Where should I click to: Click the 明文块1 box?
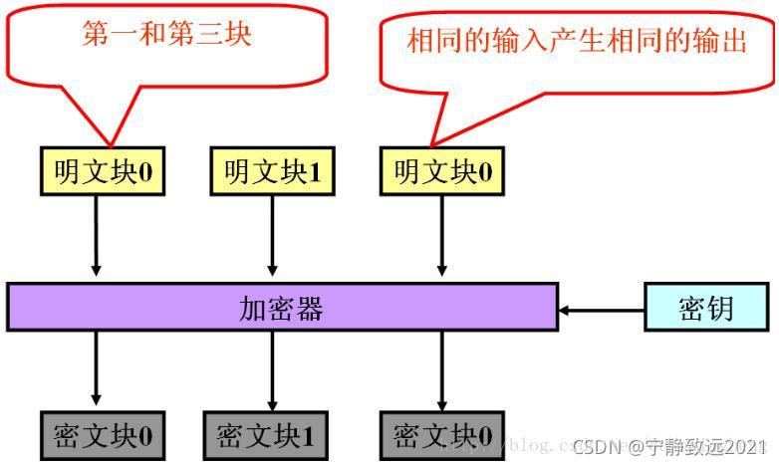(x=271, y=172)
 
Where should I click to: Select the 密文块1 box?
(x=264, y=435)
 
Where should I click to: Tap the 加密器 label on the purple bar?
(x=281, y=308)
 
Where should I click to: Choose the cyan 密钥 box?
(x=706, y=308)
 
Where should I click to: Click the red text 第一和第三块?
(x=166, y=35)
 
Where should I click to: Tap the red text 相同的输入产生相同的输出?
(x=577, y=42)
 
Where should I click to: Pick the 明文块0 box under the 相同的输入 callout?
(x=442, y=172)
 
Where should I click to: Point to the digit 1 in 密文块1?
(x=307, y=436)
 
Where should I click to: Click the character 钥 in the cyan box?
(x=720, y=308)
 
